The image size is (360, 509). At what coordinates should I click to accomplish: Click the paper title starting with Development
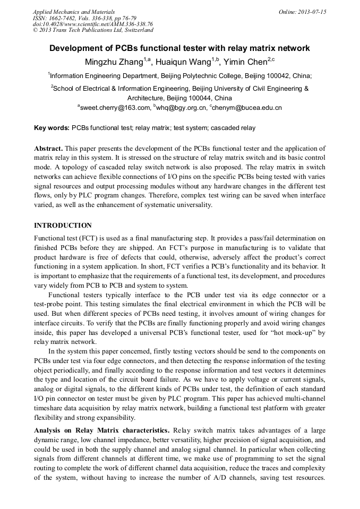[179, 48]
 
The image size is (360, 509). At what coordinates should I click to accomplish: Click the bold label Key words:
[52, 128]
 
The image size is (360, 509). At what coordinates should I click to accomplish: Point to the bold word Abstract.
[48, 149]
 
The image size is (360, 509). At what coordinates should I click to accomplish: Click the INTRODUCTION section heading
[63, 226]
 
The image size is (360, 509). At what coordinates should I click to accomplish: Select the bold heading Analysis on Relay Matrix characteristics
[101, 430]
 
